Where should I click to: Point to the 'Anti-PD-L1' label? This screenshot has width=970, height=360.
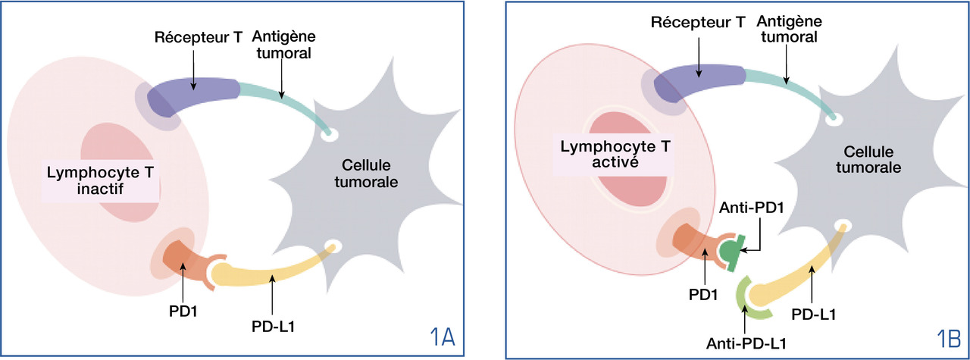pyautogui.click(x=746, y=343)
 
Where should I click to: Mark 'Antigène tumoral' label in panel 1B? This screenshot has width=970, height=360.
pyautogui.click(x=786, y=27)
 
